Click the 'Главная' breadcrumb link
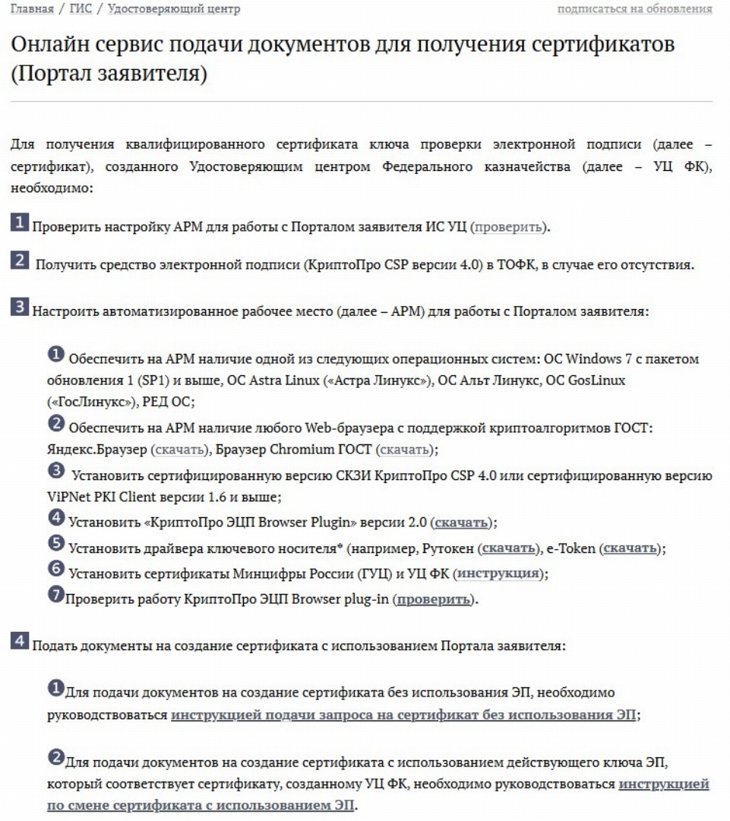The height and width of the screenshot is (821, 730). (32, 9)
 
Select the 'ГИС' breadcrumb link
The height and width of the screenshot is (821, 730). (81, 9)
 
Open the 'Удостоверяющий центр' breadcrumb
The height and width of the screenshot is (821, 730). (174, 9)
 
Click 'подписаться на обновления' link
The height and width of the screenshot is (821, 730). (635, 9)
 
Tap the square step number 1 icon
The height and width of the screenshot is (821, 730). (20, 223)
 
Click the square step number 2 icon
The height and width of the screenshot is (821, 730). (20, 261)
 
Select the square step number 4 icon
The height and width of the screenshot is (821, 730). (20, 643)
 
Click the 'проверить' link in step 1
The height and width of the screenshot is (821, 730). (508, 227)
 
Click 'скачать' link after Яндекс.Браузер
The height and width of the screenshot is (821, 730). (179, 450)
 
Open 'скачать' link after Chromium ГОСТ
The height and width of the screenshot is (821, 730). (405, 450)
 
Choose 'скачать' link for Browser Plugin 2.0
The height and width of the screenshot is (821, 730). (463, 523)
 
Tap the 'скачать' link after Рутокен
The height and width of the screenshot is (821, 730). (507, 548)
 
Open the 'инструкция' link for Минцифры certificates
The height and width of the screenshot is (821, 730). (499, 573)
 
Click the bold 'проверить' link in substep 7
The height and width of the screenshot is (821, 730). (434, 599)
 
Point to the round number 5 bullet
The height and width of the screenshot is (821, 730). (56, 544)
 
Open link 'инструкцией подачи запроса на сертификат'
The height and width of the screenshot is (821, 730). (403, 715)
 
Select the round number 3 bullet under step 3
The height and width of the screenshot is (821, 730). (56, 471)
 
